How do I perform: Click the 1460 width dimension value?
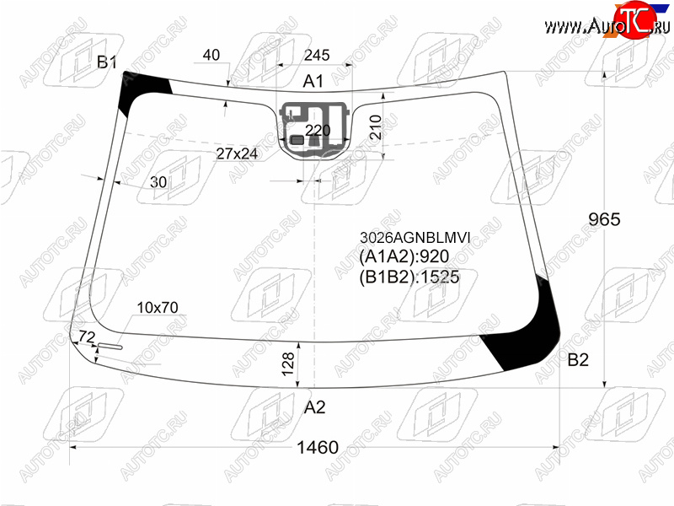pyautogui.click(x=318, y=448)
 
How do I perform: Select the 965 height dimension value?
pyautogui.click(x=604, y=219)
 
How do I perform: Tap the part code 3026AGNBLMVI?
pyautogui.click(x=415, y=238)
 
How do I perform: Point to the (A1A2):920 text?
pyautogui.click(x=404, y=256)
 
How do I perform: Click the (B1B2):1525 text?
pyautogui.click(x=409, y=277)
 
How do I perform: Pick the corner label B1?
pyautogui.click(x=107, y=62)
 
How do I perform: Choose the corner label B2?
pyautogui.click(x=578, y=360)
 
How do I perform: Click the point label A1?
pyautogui.click(x=313, y=81)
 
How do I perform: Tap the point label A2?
pyautogui.click(x=314, y=407)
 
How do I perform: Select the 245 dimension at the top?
pyautogui.click(x=317, y=55)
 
